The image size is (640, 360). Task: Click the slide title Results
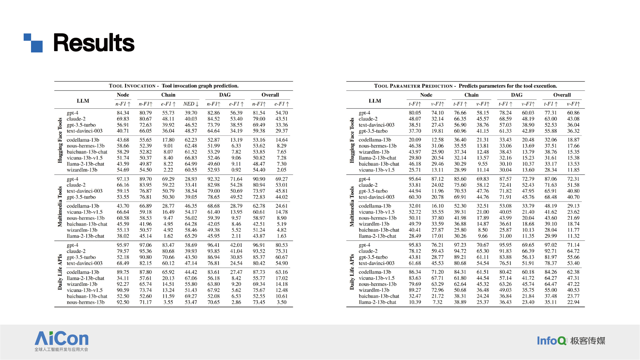94,43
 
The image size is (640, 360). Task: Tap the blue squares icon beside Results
33,43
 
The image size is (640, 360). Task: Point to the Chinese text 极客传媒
588,341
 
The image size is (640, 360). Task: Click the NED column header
191,104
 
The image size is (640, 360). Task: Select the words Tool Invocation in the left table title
132,86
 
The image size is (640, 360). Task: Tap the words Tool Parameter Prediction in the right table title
413,86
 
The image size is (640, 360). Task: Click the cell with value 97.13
123,179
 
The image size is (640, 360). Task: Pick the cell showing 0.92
236,170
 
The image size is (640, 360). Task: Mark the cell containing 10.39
415,302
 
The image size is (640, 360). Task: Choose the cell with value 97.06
146,245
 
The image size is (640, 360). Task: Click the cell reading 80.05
415,113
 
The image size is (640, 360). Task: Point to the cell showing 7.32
438,302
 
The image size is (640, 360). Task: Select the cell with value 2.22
168,170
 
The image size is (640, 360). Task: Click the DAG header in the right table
517,95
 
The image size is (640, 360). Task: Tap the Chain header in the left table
168,95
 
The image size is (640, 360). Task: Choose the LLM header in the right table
375,101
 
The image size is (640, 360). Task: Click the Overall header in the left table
270,95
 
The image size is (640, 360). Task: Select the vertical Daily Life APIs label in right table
352,272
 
